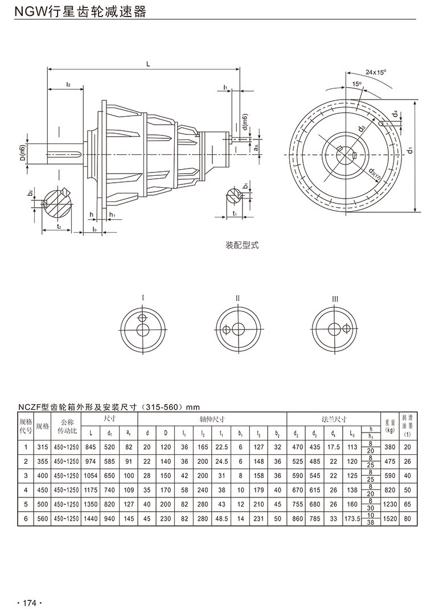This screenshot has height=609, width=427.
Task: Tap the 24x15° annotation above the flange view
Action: click(x=376, y=73)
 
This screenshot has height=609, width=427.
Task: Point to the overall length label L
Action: click(x=148, y=64)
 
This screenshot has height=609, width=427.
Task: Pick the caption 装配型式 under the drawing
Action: click(x=243, y=246)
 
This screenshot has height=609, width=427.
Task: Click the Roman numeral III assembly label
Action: click(x=335, y=298)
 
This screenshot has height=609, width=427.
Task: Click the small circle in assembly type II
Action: click(x=227, y=330)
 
